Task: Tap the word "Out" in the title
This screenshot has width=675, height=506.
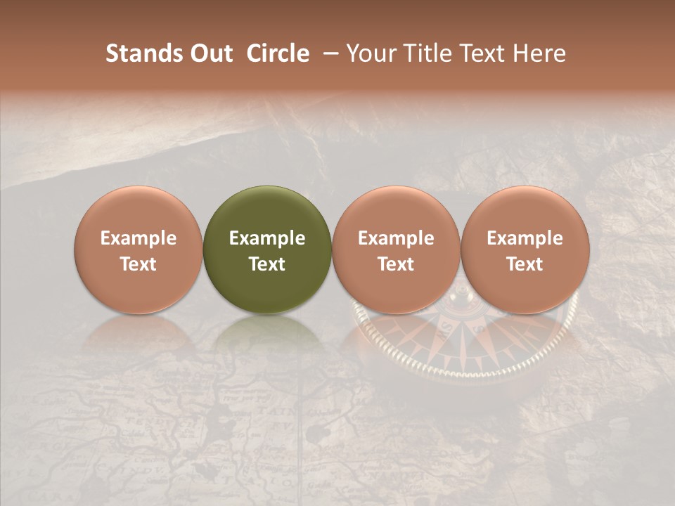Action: (210, 53)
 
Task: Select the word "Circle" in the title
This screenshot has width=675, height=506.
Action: (278, 53)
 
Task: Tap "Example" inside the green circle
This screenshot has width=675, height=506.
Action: (267, 238)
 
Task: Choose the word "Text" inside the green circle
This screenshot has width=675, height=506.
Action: (267, 264)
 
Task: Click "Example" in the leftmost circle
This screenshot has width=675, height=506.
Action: (139, 238)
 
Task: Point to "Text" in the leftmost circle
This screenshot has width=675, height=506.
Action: (139, 264)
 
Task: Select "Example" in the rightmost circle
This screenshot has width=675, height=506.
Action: (525, 238)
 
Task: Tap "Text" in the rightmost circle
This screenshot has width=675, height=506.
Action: (525, 264)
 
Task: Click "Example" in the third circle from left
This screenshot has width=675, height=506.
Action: (396, 238)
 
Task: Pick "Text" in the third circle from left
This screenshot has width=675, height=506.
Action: (396, 264)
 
